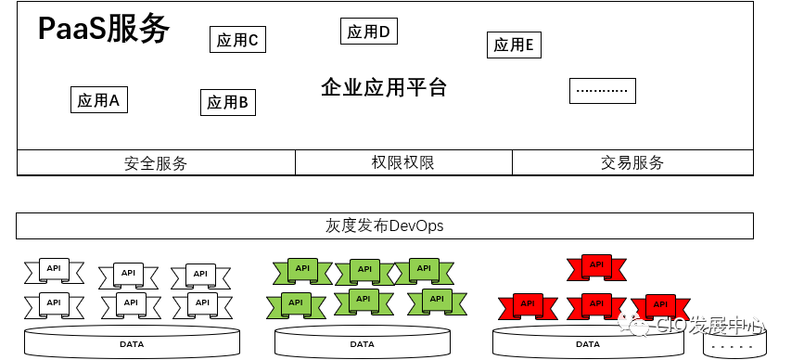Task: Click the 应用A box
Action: pos(99,100)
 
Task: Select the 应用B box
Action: pos(227,102)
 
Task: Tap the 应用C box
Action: pos(237,39)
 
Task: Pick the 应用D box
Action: pos(368,32)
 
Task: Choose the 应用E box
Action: pos(514,45)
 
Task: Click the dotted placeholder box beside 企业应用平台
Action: pos(603,90)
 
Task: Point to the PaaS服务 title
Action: pos(104,30)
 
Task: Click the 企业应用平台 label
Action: pos(384,88)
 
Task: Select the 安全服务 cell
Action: pos(156,163)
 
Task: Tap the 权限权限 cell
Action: pos(403,163)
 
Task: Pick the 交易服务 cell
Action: pos(632,163)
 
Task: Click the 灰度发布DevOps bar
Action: pos(384,225)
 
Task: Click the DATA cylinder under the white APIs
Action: pos(132,342)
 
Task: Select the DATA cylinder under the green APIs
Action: pos(363,342)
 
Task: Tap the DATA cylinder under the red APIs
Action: pos(588,342)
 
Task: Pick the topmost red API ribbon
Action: pos(595,266)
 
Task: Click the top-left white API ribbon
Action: pos(53,271)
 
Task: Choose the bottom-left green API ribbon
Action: pos(296,302)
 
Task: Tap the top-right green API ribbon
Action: pos(423,270)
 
